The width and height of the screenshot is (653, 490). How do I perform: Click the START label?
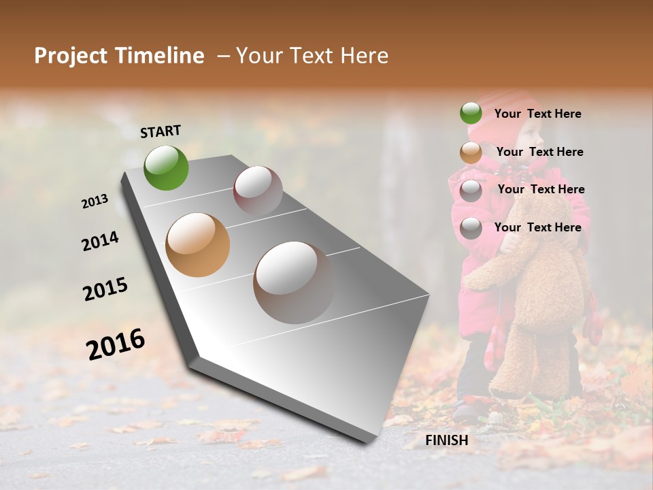(161, 131)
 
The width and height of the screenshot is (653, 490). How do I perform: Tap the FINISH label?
(446, 440)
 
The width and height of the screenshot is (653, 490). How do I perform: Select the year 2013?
(95, 201)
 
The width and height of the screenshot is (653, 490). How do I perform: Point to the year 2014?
(100, 241)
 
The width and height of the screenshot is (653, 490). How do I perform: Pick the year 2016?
(116, 344)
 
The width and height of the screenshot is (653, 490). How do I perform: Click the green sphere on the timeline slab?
(166, 167)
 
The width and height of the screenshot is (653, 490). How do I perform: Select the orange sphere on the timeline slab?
(197, 244)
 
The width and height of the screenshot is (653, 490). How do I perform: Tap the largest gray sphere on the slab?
(294, 282)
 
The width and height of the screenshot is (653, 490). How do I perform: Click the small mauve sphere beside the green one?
(258, 191)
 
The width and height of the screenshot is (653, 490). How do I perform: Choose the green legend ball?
(471, 114)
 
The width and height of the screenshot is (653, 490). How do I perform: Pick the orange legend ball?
(471, 152)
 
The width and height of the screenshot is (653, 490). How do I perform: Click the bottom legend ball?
(471, 228)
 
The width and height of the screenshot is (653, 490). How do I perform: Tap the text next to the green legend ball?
(537, 114)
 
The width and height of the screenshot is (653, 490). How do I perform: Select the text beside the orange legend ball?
(539, 152)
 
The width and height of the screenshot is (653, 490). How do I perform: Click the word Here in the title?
(363, 56)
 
